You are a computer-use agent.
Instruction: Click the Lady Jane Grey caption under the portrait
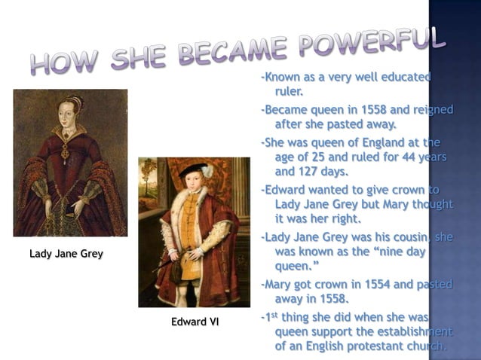(66, 254)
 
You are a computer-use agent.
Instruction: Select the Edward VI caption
(195, 322)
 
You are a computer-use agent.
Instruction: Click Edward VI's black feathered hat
(195, 168)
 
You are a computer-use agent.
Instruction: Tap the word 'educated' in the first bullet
(406, 77)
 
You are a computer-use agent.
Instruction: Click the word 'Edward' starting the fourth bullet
(284, 189)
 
